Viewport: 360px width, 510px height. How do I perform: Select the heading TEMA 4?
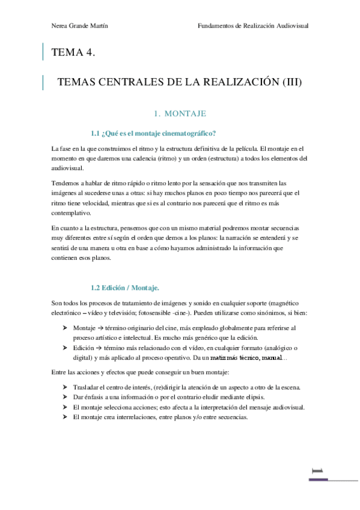[75, 52]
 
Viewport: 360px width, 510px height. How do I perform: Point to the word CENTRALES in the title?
[132, 82]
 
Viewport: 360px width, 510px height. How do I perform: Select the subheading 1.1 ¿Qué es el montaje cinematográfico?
[153, 133]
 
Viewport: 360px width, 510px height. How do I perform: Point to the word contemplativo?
[72, 213]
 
